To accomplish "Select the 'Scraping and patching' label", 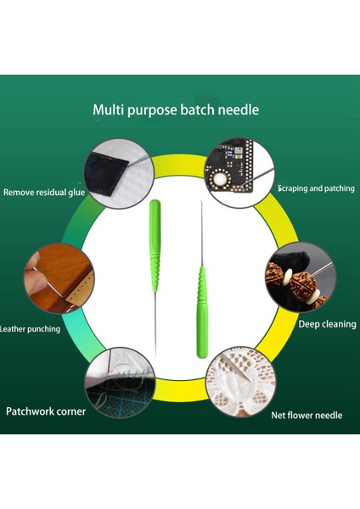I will click(x=316, y=188).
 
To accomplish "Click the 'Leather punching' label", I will click(x=30, y=328).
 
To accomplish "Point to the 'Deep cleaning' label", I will click(x=327, y=324).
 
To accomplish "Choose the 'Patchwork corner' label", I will click(x=47, y=411).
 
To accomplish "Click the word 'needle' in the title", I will click(x=239, y=109).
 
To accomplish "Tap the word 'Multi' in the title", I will click(x=107, y=109).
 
